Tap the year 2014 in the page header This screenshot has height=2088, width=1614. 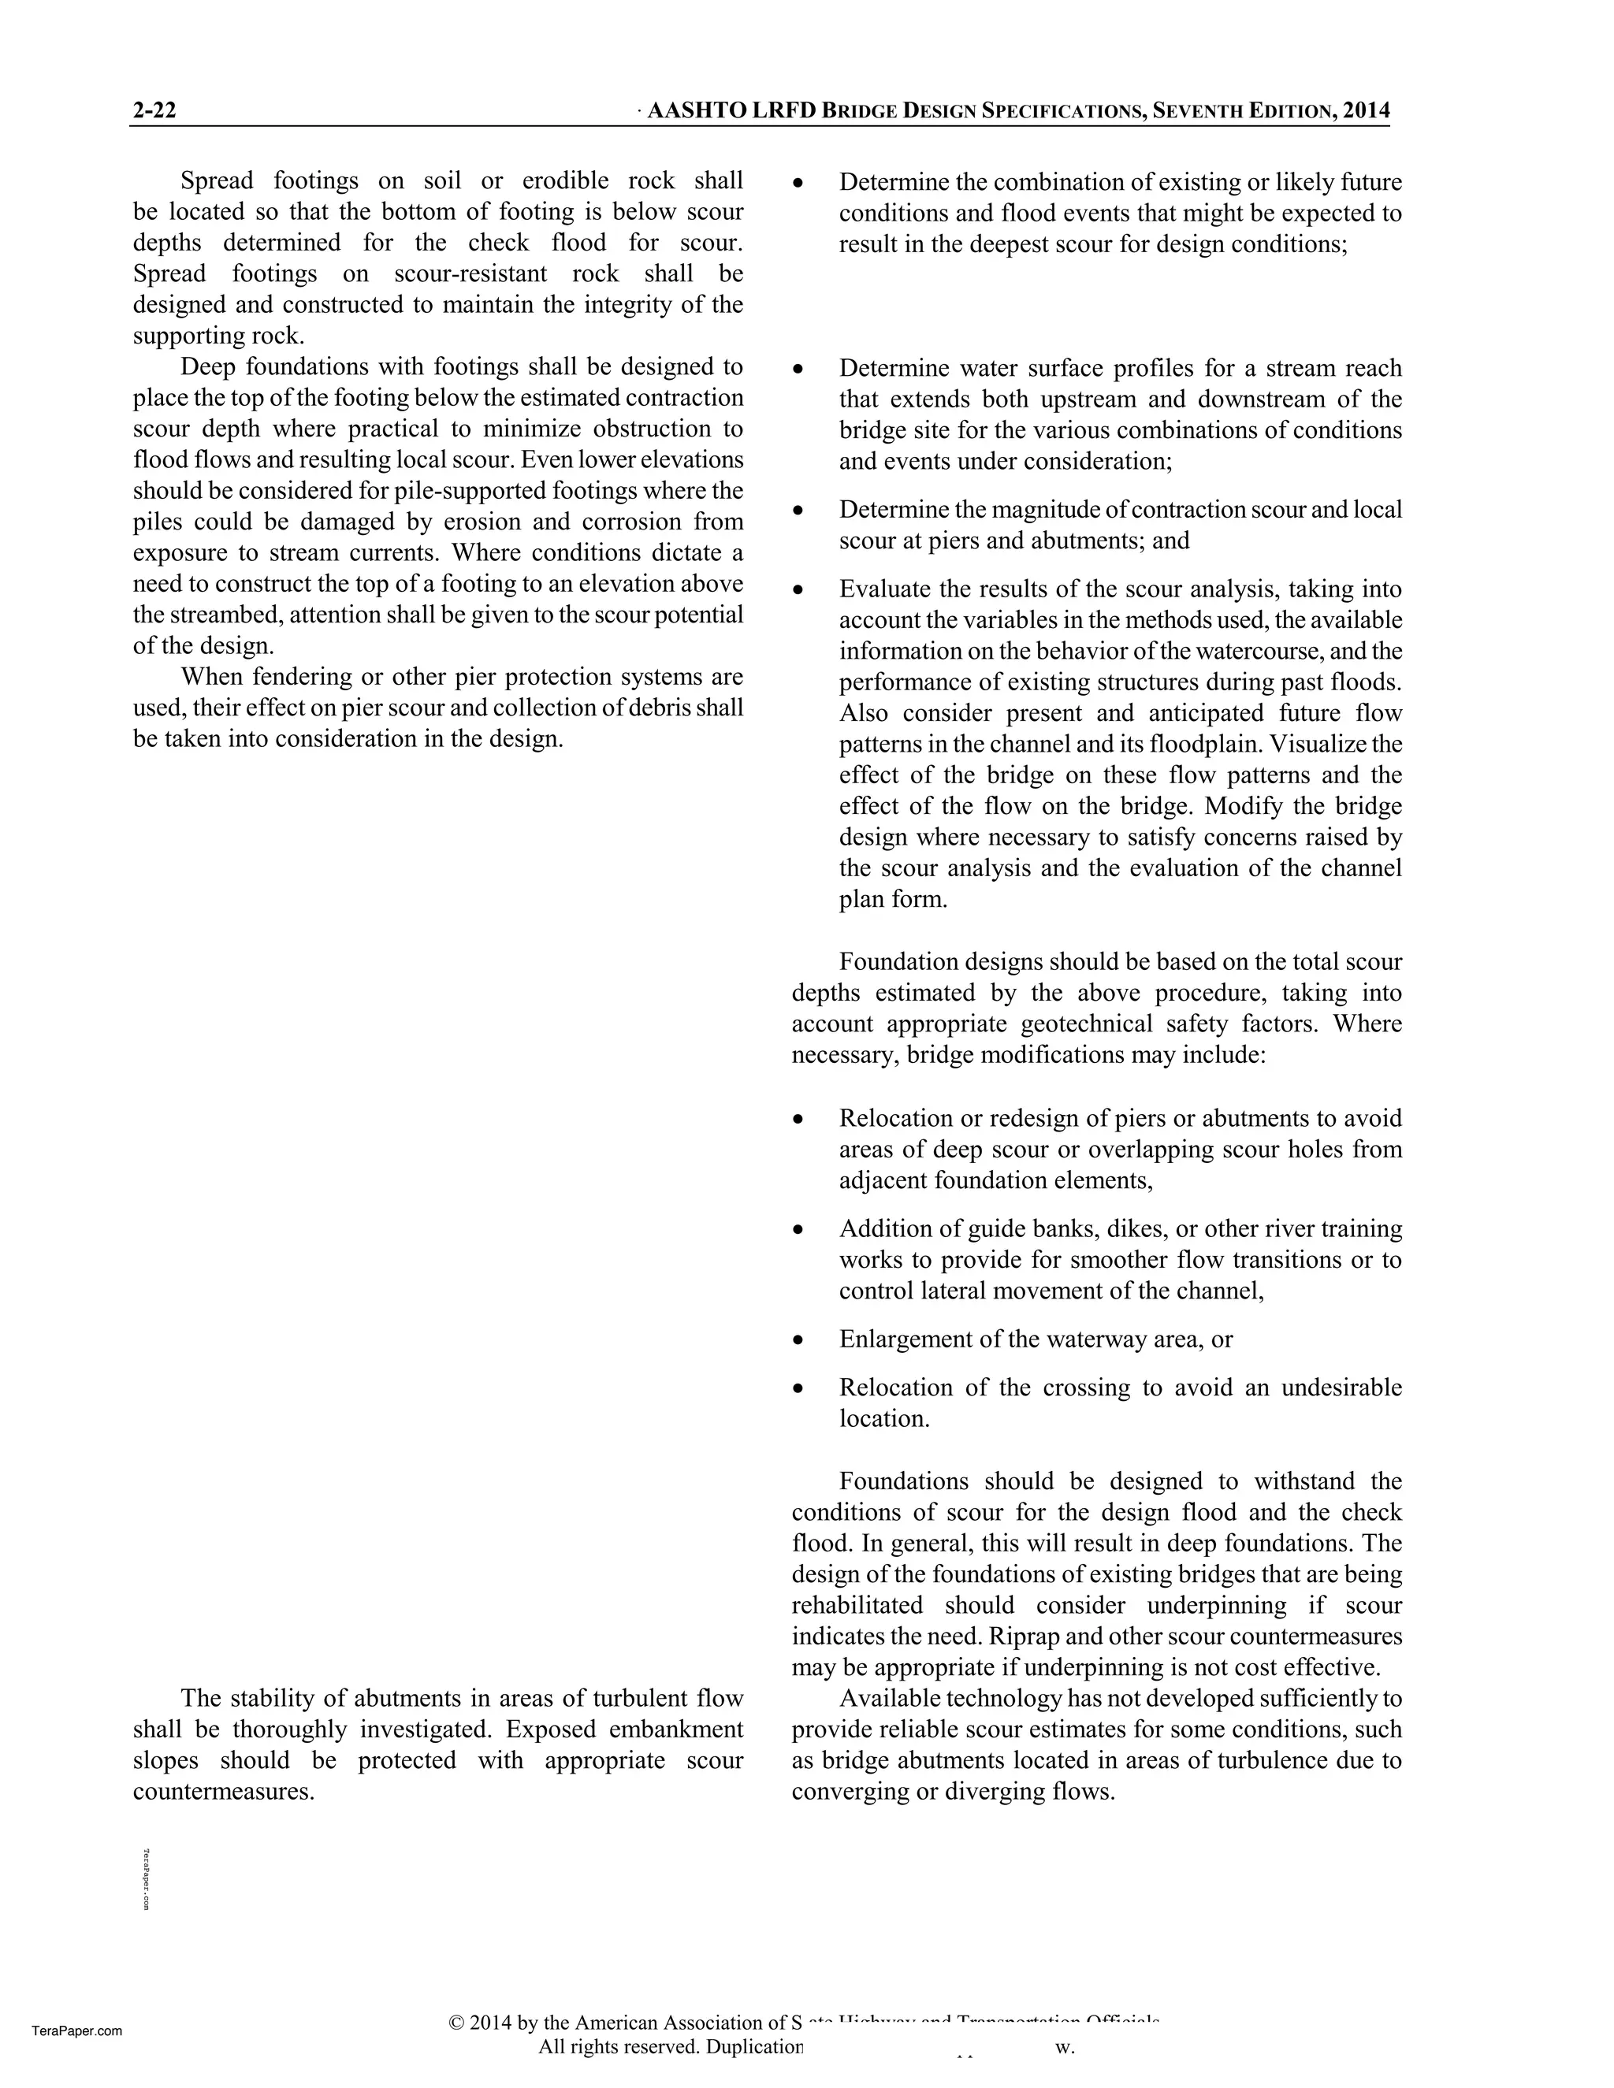click(x=1367, y=111)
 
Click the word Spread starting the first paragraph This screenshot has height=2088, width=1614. click(x=217, y=180)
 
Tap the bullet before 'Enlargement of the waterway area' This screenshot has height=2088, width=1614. click(x=798, y=1340)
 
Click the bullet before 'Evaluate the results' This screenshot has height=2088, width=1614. click(x=798, y=590)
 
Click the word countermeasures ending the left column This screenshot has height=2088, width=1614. click(x=223, y=1792)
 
